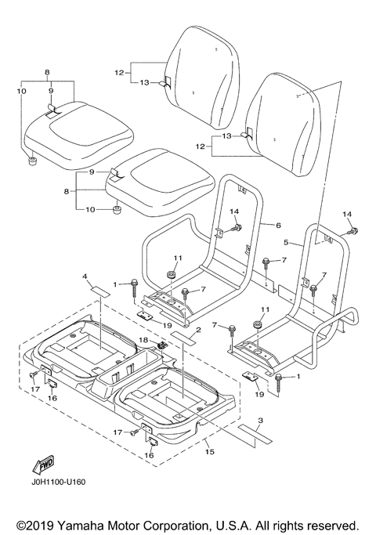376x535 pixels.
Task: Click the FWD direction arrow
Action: (42, 465)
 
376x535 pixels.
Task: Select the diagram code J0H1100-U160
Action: (57, 482)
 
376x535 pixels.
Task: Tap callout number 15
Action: (210, 452)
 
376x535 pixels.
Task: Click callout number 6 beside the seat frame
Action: (278, 225)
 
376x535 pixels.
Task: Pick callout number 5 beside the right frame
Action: (286, 242)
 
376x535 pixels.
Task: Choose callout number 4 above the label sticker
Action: (85, 275)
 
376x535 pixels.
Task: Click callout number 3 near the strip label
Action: (260, 421)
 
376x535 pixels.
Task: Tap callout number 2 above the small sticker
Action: (199, 330)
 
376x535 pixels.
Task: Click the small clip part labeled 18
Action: (161, 345)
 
